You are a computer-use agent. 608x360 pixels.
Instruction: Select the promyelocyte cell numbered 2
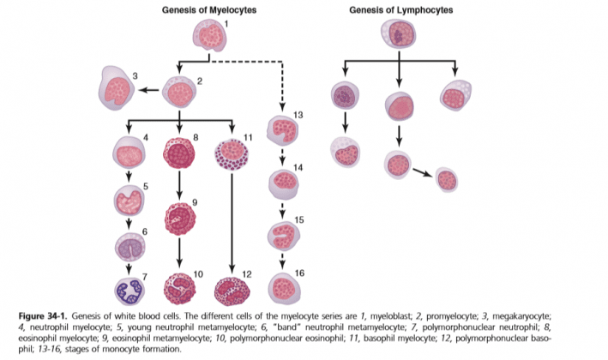[x=179, y=91]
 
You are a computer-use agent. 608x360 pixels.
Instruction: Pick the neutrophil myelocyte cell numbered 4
[x=129, y=153]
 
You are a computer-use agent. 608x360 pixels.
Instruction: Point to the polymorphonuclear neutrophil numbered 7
[x=129, y=290]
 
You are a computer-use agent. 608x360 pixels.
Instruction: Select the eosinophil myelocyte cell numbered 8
[x=179, y=153]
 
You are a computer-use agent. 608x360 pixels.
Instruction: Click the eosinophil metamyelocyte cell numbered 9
[x=179, y=218]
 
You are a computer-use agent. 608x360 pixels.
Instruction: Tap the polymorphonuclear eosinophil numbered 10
[x=179, y=288]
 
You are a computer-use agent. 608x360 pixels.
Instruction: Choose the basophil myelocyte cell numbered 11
[x=231, y=153]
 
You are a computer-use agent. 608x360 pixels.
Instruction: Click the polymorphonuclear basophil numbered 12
[x=231, y=289]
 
